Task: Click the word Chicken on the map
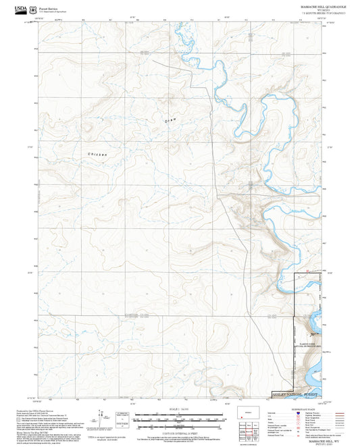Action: tap(97, 155)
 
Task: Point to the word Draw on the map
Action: tap(170, 120)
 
